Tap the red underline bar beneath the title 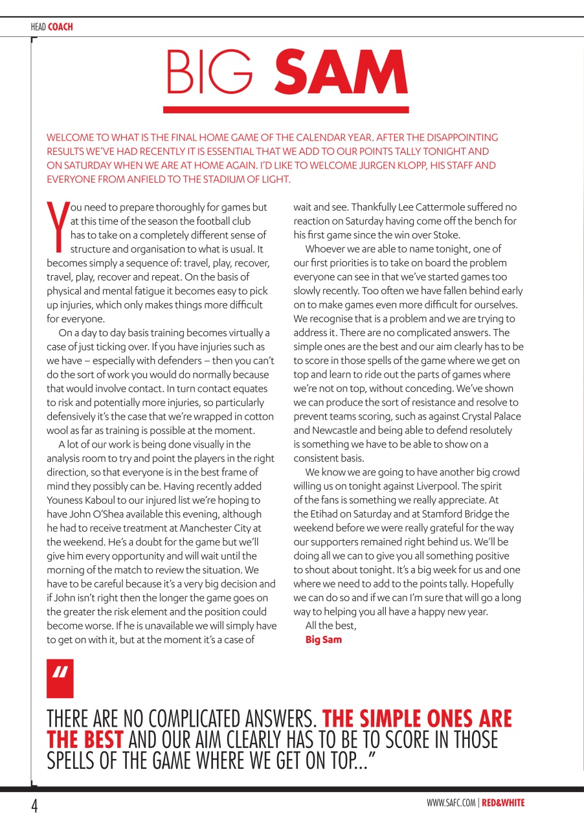286,109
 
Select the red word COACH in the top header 60,27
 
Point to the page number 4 34,806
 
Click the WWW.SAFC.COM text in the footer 452,803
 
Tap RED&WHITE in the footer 504,803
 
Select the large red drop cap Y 57,227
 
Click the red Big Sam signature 323,640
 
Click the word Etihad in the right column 324,514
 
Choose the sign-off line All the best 331,626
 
